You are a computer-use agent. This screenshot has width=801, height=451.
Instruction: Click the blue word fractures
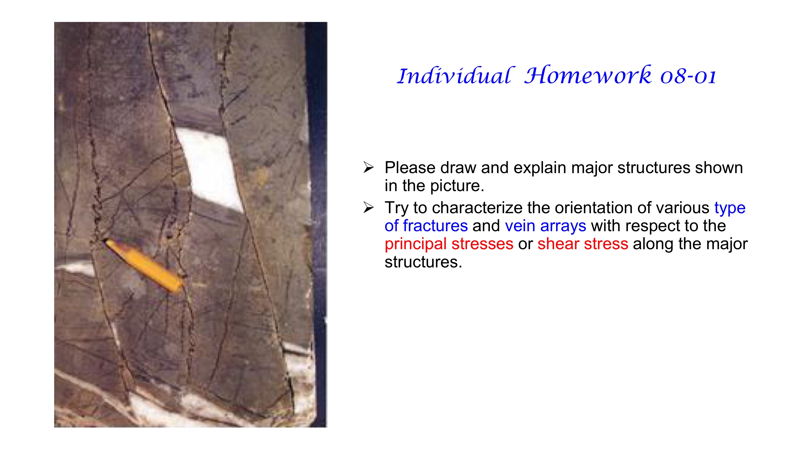point(435,226)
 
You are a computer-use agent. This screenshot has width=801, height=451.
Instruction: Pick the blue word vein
point(520,226)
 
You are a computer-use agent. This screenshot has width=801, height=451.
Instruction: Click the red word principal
point(416,244)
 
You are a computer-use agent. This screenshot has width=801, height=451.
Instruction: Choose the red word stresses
point(482,244)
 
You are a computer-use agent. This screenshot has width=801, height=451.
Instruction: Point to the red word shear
point(558,244)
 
